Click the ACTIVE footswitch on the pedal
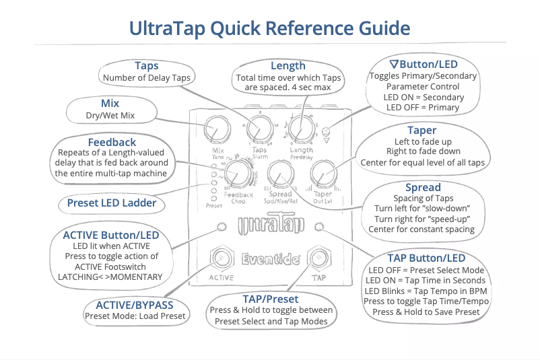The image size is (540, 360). click(222, 258)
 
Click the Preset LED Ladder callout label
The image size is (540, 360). click(111, 203)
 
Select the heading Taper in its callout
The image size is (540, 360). click(421, 130)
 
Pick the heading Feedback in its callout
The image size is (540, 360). click(112, 143)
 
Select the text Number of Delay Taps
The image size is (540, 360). click(146, 77)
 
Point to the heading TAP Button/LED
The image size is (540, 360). click(426, 258)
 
